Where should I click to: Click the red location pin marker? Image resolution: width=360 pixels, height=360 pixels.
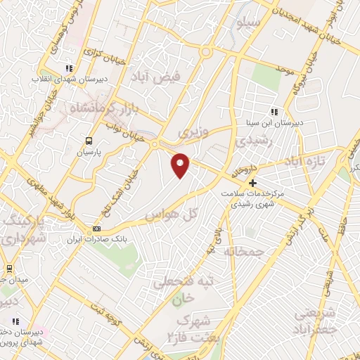181,165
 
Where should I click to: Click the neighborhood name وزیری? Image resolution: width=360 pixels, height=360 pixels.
189,132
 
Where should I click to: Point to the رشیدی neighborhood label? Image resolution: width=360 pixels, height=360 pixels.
252,141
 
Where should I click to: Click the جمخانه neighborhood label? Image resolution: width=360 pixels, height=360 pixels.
242,250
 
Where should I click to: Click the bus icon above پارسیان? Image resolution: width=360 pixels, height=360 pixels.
89,140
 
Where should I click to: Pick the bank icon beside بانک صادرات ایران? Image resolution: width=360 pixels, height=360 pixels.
97,229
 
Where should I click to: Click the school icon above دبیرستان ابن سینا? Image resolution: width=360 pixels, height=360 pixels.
274,111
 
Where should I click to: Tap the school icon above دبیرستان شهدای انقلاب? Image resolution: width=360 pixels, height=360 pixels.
68,68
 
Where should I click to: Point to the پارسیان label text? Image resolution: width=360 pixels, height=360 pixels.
89,151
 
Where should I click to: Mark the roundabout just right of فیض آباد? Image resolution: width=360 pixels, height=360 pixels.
206,52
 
